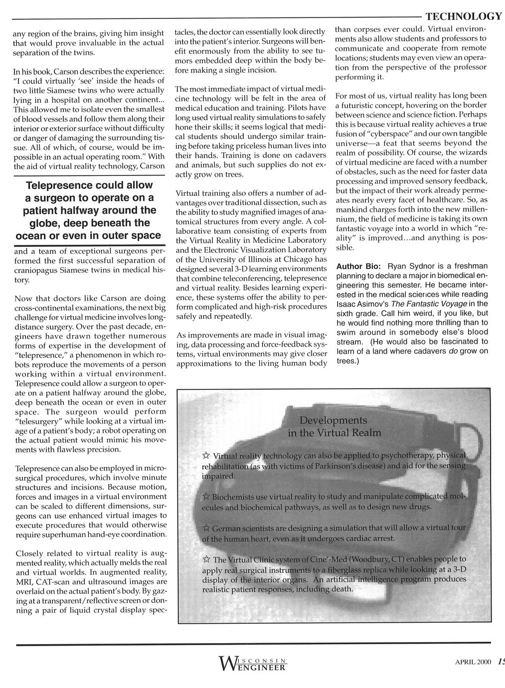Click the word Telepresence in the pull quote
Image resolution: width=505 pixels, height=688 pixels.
[x=57, y=185]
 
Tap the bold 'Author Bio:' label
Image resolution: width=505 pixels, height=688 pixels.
[x=359, y=266]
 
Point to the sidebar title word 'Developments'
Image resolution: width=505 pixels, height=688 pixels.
[x=333, y=420]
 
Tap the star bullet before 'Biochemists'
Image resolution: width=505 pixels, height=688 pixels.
[x=206, y=498]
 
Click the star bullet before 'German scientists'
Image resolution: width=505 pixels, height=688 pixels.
[x=206, y=528]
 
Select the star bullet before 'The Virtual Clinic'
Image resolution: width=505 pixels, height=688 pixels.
[x=206, y=559]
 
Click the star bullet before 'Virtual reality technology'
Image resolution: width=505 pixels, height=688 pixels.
[x=206, y=456]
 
